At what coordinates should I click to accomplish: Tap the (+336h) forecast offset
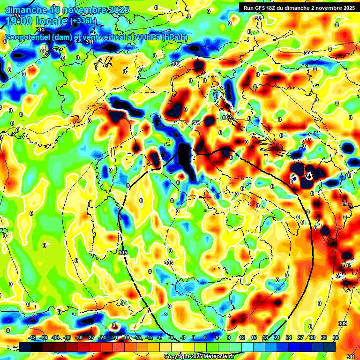tap(83, 21)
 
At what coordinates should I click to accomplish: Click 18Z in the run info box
tap(275, 7)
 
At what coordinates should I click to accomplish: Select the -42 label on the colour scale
tap(32, 337)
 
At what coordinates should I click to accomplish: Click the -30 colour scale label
tap(79, 337)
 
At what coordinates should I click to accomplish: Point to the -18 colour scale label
tap(126, 337)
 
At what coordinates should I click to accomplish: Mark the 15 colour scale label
tap(253, 337)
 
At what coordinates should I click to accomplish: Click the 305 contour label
tap(123, 253)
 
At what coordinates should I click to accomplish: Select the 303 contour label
tap(169, 262)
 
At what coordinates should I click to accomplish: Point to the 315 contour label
tap(16, 16)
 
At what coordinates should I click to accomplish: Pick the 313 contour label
tap(40, 30)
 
